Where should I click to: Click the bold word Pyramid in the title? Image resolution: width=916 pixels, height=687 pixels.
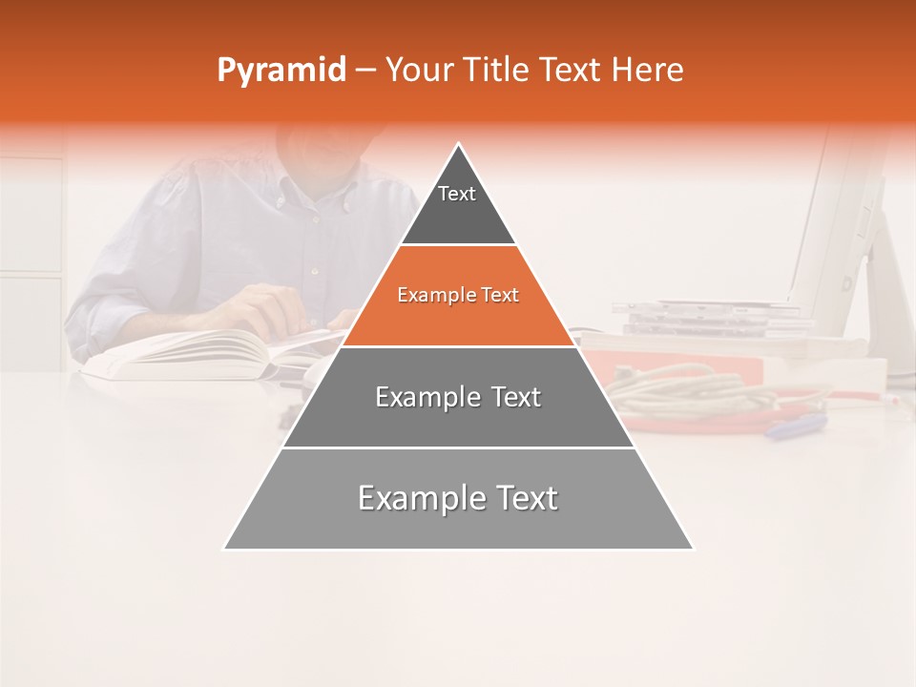281,70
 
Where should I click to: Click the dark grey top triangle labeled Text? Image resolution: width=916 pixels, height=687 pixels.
458,205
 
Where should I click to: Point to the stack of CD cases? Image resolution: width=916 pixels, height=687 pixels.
706,318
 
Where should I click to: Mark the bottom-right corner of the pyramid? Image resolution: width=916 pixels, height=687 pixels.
693,549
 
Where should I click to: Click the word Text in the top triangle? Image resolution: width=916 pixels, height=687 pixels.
457,194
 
